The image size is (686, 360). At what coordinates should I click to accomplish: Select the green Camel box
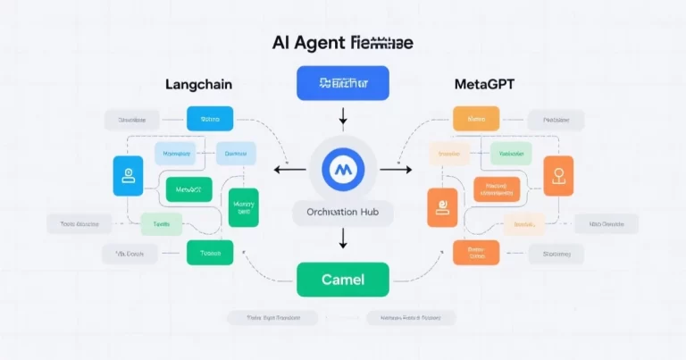pyautogui.click(x=342, y=280)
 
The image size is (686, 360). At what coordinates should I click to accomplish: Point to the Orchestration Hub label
pyautogui.click(x=343, y=213)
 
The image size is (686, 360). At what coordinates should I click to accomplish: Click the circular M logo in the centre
pyautogui.click(x=343, y=170)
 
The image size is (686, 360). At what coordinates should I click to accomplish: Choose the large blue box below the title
pyautogui.click(x=343, y=82)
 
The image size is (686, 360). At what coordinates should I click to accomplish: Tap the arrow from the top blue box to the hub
pyautogui.click(x=343, y=118)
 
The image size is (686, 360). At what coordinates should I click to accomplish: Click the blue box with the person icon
pyautogui.click(x=128, y=176)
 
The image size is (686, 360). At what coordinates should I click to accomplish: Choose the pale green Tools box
pyautogui.click(x=161, y=224)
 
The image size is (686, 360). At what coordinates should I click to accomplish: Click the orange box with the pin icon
pyautogui.click(x=559, y=176)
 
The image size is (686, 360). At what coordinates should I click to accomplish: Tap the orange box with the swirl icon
pyautogui.click(x=441, y=208)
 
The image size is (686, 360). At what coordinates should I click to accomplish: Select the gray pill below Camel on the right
pyautogui.click(x=412, y=317)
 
